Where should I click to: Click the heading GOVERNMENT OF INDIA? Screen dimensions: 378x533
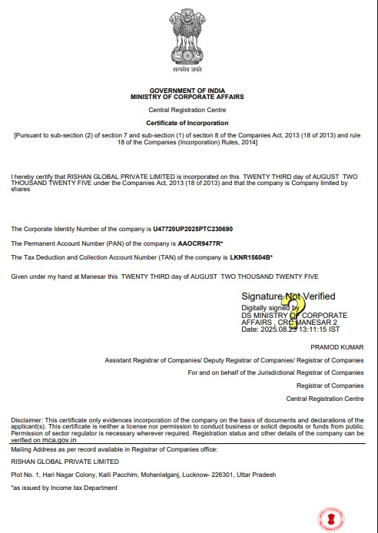[188, 91]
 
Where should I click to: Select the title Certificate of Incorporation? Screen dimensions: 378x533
[188, 123]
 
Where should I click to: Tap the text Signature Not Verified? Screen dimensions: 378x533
[288, 296]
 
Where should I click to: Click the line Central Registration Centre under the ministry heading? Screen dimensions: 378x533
[188, 111]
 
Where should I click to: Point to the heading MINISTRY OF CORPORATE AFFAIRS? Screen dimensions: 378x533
[188, 98]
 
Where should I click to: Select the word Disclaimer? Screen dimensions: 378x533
[27, 419]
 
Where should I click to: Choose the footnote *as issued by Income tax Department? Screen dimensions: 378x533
[64, 488]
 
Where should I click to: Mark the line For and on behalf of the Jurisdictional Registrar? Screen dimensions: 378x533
[276, 372]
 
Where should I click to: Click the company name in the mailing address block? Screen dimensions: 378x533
[65, 462]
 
